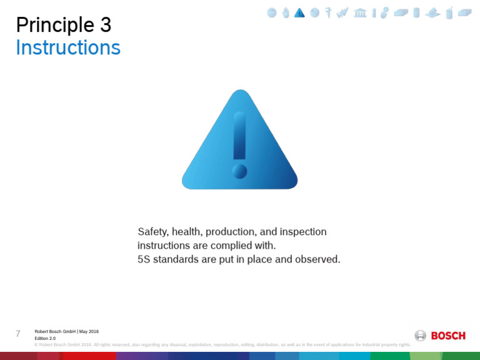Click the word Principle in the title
click(x=54, y=25)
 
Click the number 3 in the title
click(x=104, y=25)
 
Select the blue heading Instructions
click(x=68, y=47)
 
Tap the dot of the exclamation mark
click(x=239, y=171)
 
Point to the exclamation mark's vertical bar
click(x=239, y=135)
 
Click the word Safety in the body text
click(x=152, y=232)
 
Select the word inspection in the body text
click(x=303, y=232)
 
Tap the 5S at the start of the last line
click(x=144, y=259)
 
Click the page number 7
click(x=18, y=334)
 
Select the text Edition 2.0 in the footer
click(x=45, y=338)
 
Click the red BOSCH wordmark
click(x=448, y=336)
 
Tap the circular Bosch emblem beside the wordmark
click(x=421, y=336)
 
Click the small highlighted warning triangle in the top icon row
click(x=299, y=13)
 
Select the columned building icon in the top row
click(x=360, y=13)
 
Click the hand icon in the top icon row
click(x=286, y=13)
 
